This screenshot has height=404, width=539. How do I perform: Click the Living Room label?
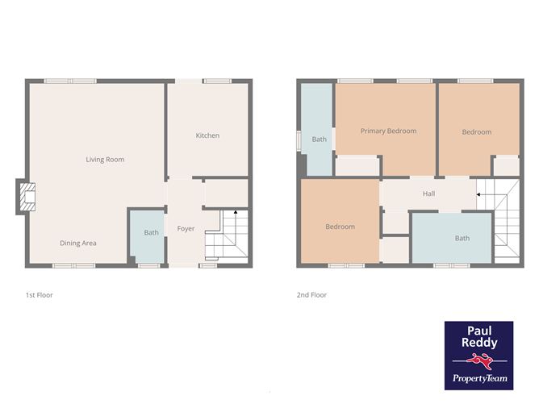click(105, 160)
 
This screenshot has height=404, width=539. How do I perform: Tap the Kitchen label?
click(207, 135)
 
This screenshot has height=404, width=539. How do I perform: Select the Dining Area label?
click(78, 243)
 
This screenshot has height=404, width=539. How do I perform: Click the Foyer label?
click(186, 229)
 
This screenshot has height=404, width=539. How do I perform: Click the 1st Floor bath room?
click(151, 234)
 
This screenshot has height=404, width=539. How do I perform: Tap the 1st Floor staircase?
click(225, 235)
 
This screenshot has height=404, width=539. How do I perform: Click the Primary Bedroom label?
click(388, 131)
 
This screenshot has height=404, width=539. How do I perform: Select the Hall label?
click(429, 194)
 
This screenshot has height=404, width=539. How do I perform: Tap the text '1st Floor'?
click(39, 295)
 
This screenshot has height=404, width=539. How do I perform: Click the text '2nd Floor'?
click(311, 295)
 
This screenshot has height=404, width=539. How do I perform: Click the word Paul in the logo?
click(478, 331)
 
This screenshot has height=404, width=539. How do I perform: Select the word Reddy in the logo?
click(478, 343)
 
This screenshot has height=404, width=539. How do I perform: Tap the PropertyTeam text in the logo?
click(478, 378)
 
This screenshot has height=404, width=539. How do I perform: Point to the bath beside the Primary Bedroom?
click(319, 139)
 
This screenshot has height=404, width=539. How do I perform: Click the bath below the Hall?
click(461, 238)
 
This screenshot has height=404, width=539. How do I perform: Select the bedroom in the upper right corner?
click(476, 132)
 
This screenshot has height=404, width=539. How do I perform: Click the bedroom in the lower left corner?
click(340, 227)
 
